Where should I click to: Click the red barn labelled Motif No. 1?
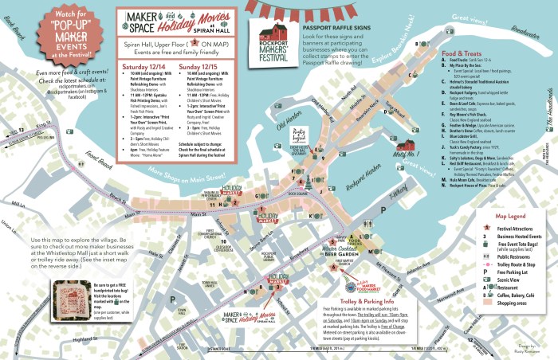pyautogui.click(x=412, y=146)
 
